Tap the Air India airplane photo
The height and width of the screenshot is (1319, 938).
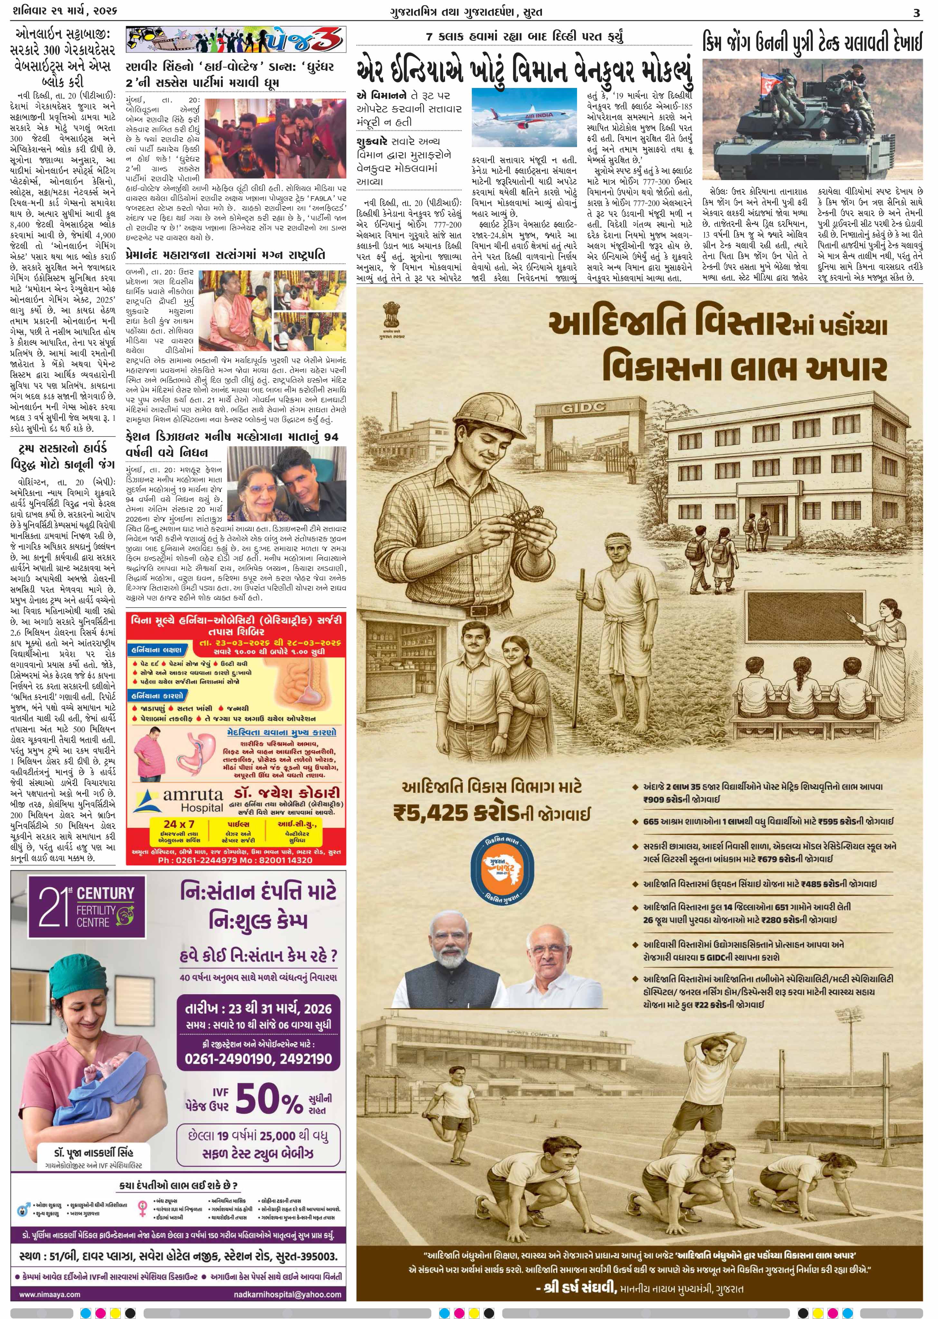(524, 117)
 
